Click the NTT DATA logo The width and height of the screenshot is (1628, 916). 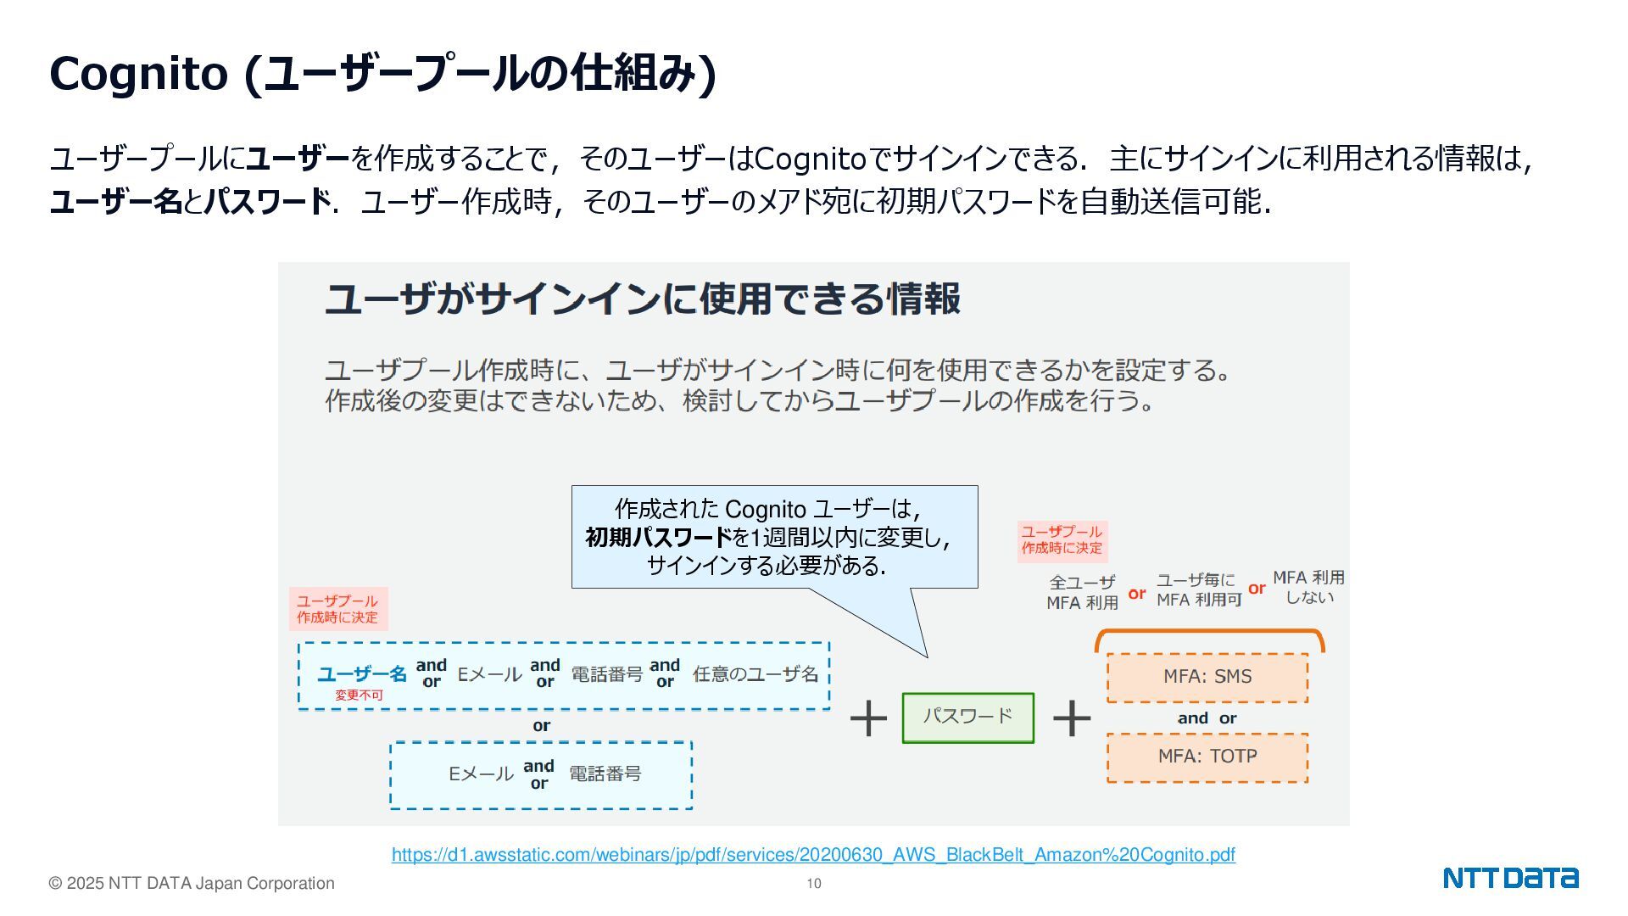click(x=1510, y=878)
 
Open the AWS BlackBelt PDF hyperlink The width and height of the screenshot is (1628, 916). click(x=812, y=855)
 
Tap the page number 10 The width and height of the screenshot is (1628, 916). click(x=814, y=884)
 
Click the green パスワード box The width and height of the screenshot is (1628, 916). click(x=967, y=718)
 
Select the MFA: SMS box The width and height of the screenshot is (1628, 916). click(x=1207, y=677)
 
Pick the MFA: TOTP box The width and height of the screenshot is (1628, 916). click(x=1207, y=757)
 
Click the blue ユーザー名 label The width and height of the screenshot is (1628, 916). click(x=362, y=674)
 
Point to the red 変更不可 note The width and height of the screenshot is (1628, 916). click(x=359, y=695)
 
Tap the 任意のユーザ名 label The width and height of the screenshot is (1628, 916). click(x=755, y=674)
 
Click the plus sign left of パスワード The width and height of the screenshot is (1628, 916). click(x=868, y=718)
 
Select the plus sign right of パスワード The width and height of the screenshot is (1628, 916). click(x=1072, y=718)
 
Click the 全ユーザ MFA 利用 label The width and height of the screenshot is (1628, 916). click(x=1082, y=593)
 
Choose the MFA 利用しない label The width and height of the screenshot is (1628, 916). click(x=1308, y=587)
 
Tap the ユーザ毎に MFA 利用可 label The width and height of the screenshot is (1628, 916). click(x=1198, y=590)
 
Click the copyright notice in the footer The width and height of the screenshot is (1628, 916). click(x=192, y=884)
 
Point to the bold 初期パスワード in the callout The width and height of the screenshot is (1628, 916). click(x=658, y=538)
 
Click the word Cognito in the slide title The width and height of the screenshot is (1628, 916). click(x=139, y=74)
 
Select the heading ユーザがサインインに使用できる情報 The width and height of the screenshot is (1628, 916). click(x=643, y=299)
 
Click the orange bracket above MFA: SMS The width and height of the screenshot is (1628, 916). click(x=1209, y=634)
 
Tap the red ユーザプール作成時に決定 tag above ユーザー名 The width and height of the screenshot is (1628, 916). click(x=337, y=609)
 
